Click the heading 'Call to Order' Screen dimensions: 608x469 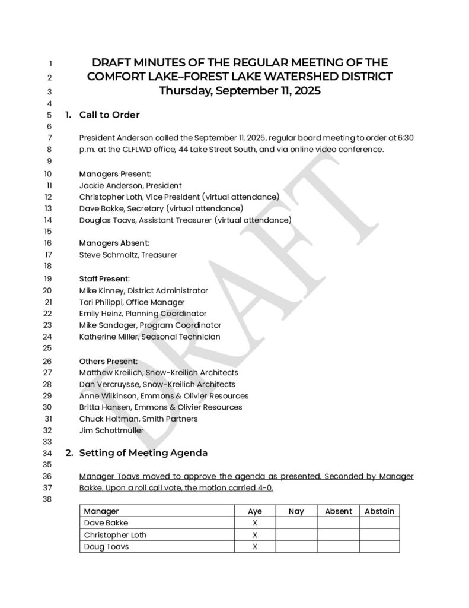coord(109,115)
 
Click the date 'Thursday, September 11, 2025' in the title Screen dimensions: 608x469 coord(240,91)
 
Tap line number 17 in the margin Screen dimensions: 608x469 coord(48,255)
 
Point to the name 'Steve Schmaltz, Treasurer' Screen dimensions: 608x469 coord(128,255)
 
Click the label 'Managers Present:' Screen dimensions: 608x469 coord(115,174)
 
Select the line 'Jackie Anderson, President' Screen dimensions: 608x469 coord(130,186)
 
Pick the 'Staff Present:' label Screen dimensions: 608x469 coord(104,278)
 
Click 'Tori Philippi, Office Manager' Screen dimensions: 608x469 coord(132,302)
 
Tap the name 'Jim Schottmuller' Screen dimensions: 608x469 coord(111,430)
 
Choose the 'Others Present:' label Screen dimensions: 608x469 coord(109,361)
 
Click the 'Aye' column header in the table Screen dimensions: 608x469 coord(255,511)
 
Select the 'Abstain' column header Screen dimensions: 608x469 coord(379,511)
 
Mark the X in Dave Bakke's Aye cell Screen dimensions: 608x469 coord(255,523)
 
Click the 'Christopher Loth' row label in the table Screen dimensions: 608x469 coord(115,535)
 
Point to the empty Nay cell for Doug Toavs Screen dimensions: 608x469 coord(296,547)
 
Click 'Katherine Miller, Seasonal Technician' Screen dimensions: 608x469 coord(149,337)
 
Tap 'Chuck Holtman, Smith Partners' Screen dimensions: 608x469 coord(138,419)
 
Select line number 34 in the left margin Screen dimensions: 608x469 coord(48,454)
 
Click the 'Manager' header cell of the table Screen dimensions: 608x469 coord(101,511)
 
